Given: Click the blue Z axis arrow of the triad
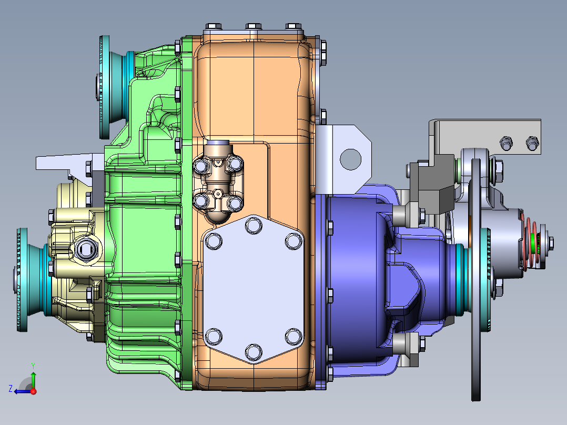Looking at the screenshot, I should point(21,391).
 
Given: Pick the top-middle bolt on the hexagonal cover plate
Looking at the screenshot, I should point(254,226).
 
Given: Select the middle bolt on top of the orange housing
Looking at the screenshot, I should point(254,26).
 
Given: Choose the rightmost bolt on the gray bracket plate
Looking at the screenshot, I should point(531,142).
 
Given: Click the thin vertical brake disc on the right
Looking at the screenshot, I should point(477,279).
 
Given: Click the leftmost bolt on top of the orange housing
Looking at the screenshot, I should point(213,26).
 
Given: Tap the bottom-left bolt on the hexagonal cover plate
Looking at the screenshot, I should point(214,336).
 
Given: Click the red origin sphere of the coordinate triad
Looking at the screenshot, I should point(33,391).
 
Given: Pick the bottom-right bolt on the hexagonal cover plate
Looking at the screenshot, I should point(292,335).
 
